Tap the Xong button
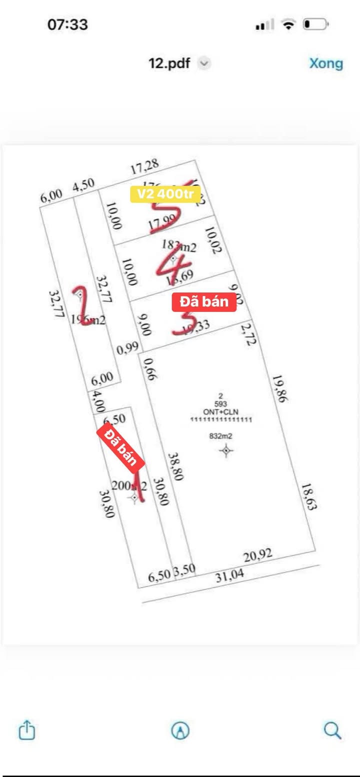click(326, 63)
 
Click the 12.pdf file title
click(169, 63)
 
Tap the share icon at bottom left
click(27, 730)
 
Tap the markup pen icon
click(180, 731)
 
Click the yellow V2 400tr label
click(165, 194)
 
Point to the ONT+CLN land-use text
click(220, 411)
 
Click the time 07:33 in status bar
click(67, 24)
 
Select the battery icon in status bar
click(315, 24)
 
